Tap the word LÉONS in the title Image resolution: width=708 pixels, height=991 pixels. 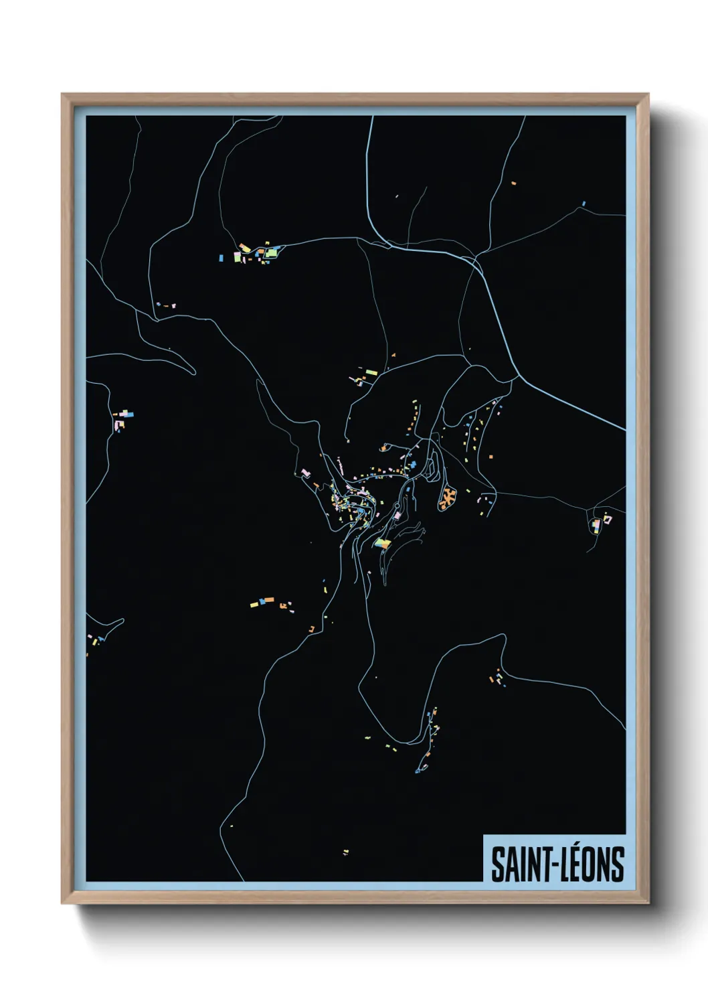click(592, 864)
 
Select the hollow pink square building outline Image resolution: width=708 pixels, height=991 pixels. click(606, 518)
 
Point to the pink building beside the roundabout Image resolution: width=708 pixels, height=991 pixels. click(397, 516)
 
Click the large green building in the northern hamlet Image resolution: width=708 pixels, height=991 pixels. click(271, 253)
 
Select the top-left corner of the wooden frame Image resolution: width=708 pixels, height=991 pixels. click(62, 94)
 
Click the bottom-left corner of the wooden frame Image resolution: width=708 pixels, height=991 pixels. click(62, 903)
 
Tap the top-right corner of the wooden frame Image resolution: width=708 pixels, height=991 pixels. click(648, 94)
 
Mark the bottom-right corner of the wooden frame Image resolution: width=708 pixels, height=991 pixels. click(648, 903)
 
